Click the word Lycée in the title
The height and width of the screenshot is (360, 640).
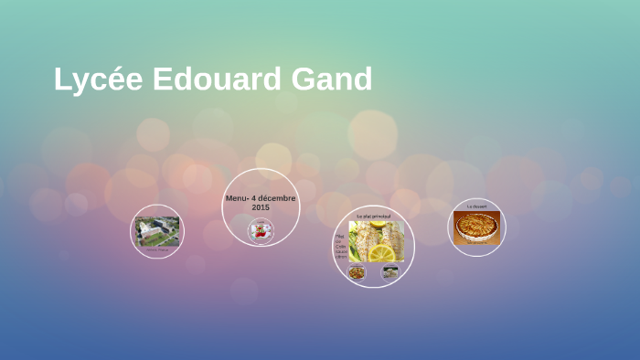point(97,80)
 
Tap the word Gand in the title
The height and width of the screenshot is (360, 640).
point(333,80)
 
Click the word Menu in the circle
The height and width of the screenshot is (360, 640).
point(237,198)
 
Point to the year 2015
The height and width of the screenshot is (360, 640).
point(261,207)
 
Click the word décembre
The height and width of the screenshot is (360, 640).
point(276,198)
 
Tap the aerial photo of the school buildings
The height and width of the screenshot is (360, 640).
point(156,229)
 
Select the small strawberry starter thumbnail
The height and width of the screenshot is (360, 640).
point(261,232)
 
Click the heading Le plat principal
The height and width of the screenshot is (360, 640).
point(373,216)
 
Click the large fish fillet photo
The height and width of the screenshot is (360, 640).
point(376,240)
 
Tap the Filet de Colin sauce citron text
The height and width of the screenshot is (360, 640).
point(341,246)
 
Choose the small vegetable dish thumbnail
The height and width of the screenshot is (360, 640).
point(357,271)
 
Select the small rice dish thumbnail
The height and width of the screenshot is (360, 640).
point(390,271)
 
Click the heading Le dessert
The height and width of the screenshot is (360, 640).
point(476,206)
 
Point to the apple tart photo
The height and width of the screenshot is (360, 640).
point(476,227)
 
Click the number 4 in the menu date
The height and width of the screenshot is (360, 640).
point(255,198)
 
